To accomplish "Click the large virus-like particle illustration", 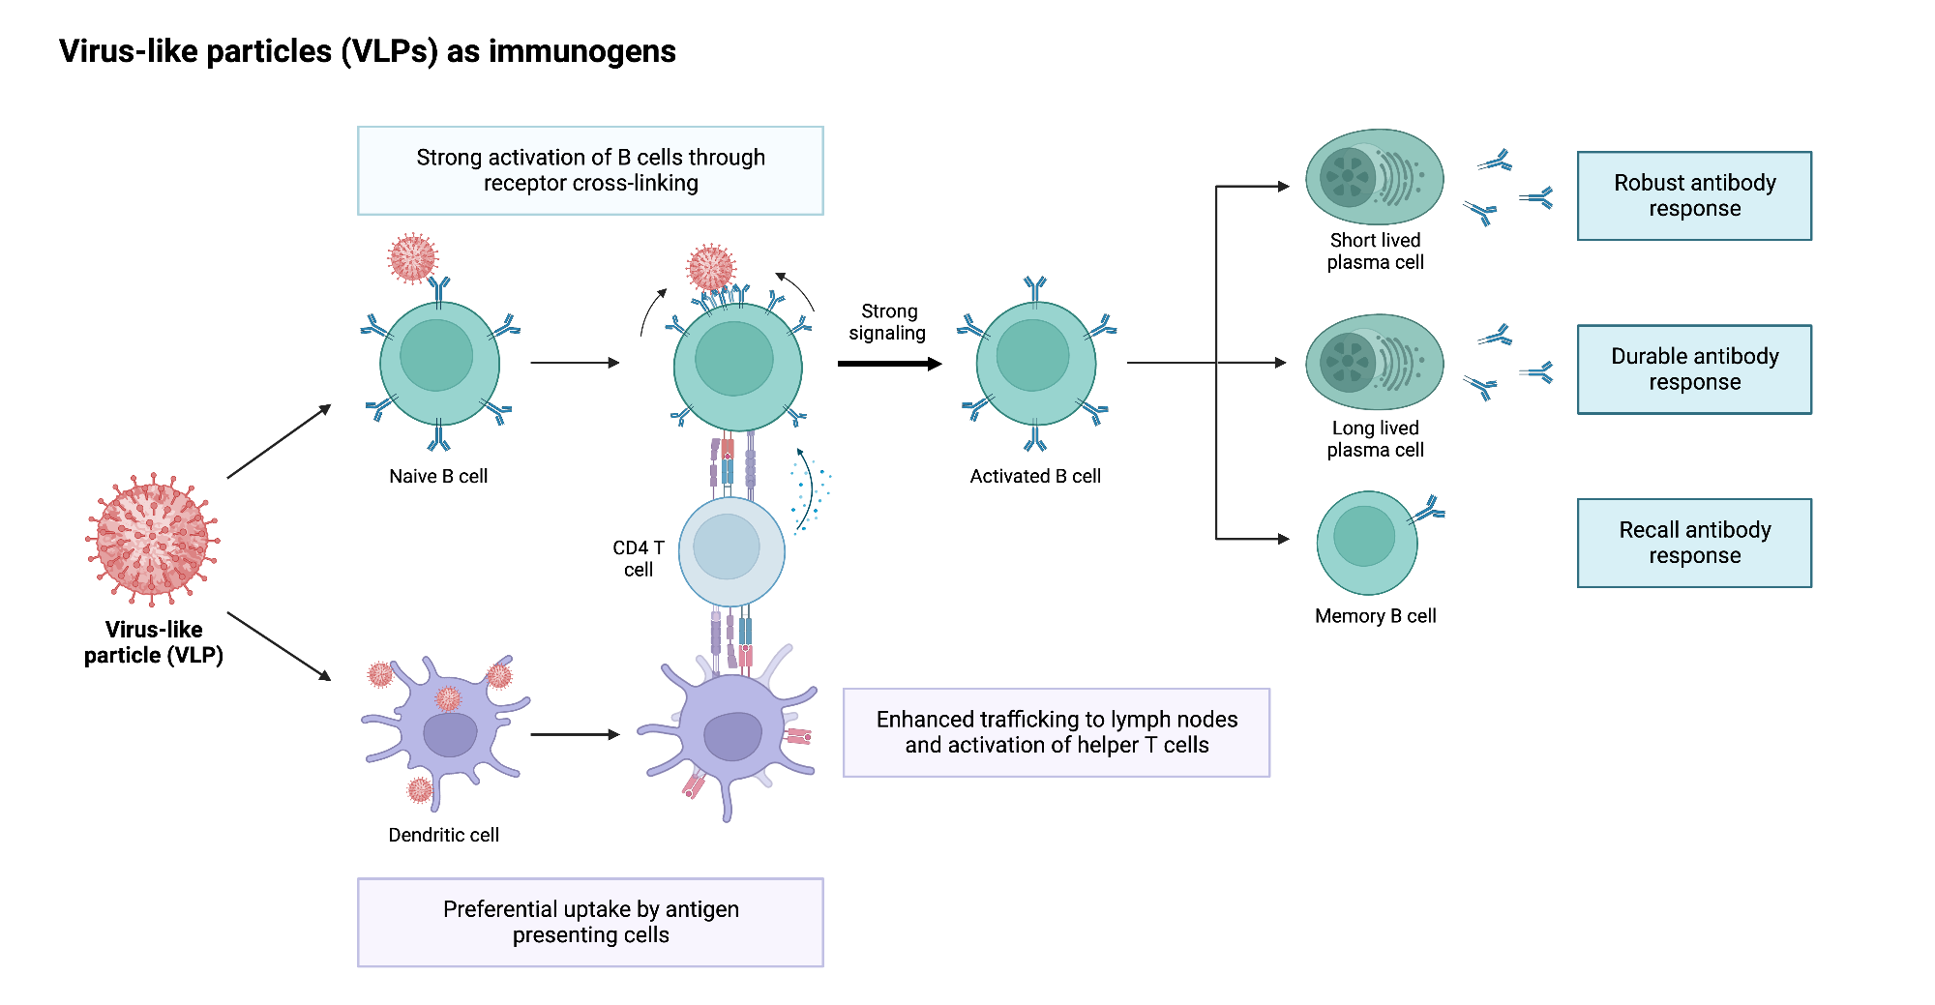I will [x=152, y=539].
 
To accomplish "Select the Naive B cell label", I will [x=437, y=476].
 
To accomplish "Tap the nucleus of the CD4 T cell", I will [x=727, y=547].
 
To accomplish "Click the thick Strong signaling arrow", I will [x=888, y=364].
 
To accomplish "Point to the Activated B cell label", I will [x=1035, y=476].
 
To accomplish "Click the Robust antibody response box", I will [x=1694, y=195].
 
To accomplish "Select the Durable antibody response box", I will [x=1694, y=369].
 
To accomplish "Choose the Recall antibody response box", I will [x=1694, y=543].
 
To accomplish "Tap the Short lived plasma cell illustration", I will [x=1374, y=178].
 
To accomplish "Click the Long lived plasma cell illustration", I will [x=1374, y=363].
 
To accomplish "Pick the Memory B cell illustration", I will [x=1366, y=543].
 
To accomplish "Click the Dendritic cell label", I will [x=443, y=835].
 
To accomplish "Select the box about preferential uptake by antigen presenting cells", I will [x=590, y=922].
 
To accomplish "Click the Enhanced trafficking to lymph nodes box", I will [x=1056, y=732].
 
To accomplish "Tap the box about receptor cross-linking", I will [x=590, y=170].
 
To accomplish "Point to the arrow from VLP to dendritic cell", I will [x=279, y=645].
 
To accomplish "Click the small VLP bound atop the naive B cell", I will [x=413, y=257].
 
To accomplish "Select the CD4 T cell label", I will [x=639, y=558].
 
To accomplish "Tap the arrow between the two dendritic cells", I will [x=575, y=734].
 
